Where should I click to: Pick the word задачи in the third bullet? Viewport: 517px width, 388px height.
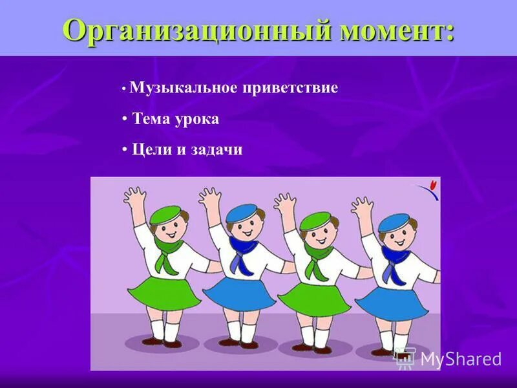216,150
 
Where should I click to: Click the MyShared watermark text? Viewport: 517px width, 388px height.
460,360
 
